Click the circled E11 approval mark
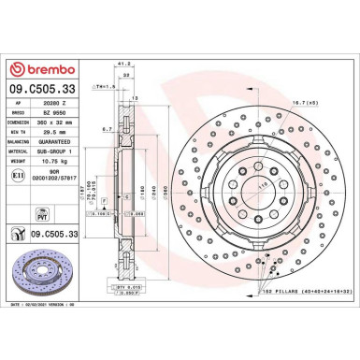pos(19,174)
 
